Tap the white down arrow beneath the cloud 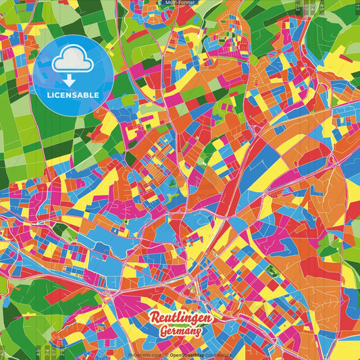pos(70,80)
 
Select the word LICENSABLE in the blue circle pos(73,95)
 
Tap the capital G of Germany pos(164,332)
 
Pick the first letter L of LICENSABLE pos(49,95)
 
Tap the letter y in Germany pos(198,334)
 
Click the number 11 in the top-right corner pos(357,7)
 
